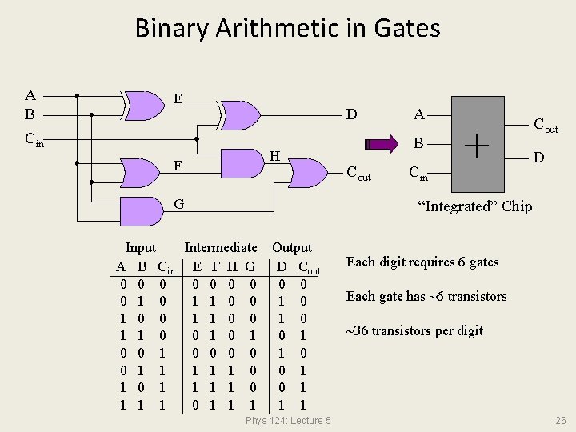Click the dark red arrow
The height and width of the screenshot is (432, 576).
(381, 144)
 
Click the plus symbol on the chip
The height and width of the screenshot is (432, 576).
(477, 145)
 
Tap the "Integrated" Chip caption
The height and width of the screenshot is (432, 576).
(474, 206)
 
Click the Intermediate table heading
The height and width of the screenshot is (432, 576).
(221, 248)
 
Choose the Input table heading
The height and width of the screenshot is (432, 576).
(141, 248)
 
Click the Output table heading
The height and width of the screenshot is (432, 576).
(292, 248)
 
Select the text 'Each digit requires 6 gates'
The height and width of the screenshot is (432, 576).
(422, 262)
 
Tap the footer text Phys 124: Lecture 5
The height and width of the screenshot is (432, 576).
(288, 421)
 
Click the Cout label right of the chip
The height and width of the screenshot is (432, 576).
(546, 125)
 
